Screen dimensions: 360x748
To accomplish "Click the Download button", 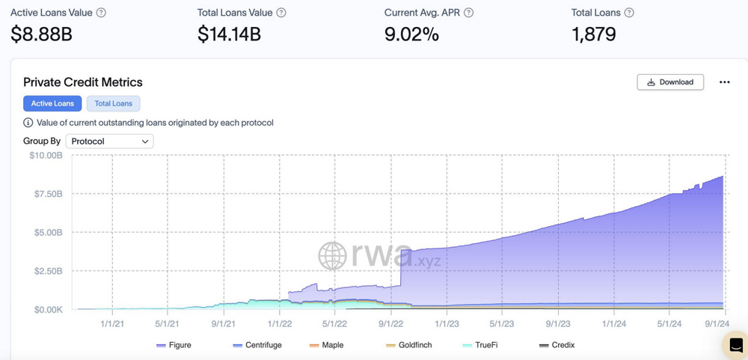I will point(669,82).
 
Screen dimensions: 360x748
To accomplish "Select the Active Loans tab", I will point(52,103).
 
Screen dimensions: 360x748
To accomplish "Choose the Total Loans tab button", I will point(113,103).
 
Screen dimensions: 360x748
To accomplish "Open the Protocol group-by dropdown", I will point(109,141).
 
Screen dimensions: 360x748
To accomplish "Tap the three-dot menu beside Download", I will point(724,82).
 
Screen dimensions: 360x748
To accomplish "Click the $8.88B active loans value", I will point(41,34).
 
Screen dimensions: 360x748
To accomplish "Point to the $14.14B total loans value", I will point(229,34).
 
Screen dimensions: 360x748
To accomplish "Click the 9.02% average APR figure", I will point(411,34).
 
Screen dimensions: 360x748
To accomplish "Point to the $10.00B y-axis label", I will point(46,156).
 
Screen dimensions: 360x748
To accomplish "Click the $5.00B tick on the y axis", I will point(48,232).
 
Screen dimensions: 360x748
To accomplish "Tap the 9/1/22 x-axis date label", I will point(390,324).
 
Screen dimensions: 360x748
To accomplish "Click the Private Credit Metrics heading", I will point(83,82).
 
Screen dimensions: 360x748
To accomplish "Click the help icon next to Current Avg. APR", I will point(468,13).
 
